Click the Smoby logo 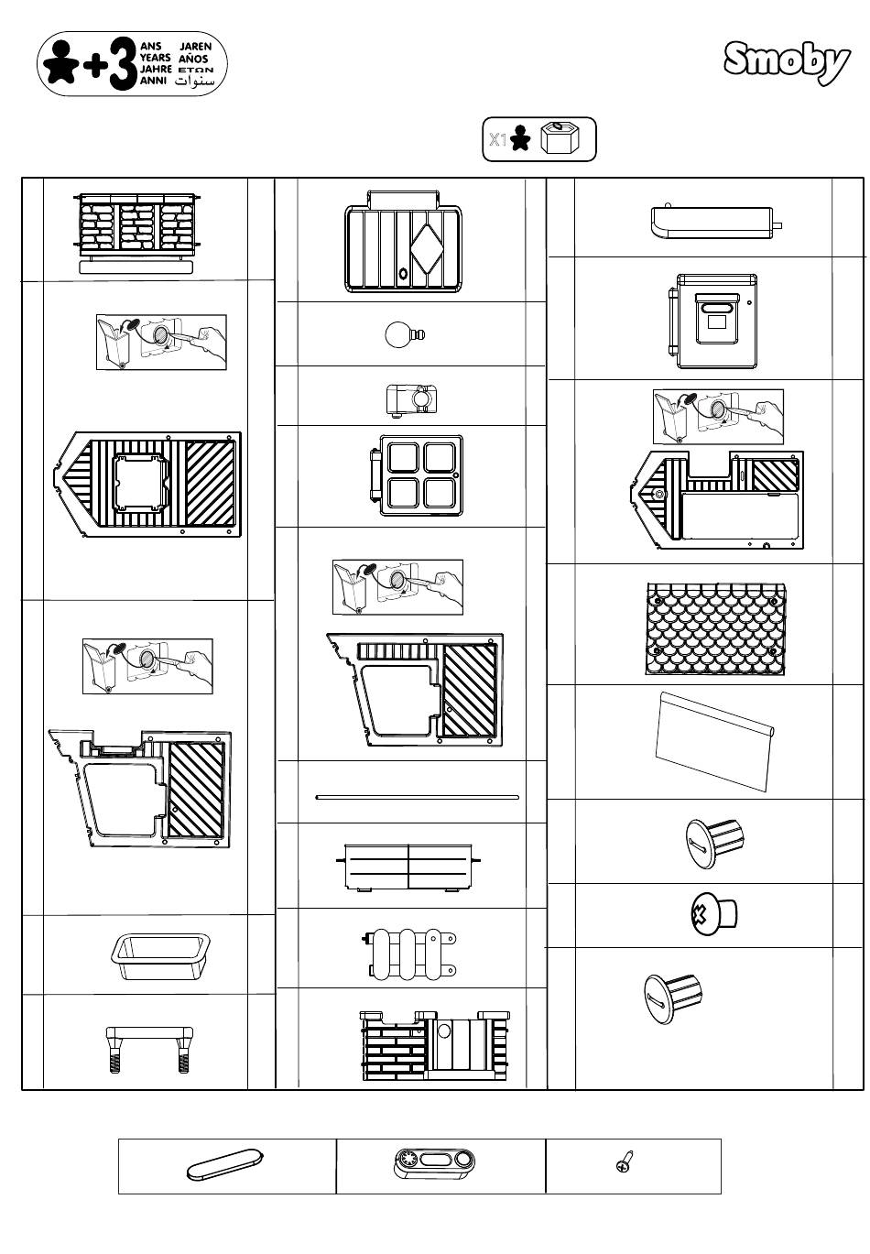click(x=787, y=62)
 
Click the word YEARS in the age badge click(x=155, y=57)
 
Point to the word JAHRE click(x=155, y=69)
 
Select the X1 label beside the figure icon click(x=497, y=140)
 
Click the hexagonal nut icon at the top click(x=558, y=138)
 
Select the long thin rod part click(x=418, y=797)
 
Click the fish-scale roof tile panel click(x=716, y=628)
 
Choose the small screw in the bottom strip click(x=625, y=1163)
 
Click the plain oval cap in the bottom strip click(x=224, y=1164)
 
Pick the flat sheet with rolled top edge click(x=714, y=740)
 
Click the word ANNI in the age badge click(x=153, y=81)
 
